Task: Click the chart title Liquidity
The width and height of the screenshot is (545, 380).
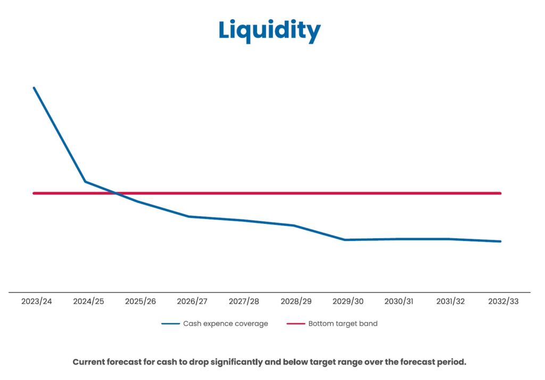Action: [269, 30]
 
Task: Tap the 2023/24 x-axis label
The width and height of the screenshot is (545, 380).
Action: [37, 301]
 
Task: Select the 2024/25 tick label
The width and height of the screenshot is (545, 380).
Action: [88, 301]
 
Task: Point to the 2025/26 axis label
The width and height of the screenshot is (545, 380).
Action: [141, 301]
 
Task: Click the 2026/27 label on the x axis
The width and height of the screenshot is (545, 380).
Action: [192, 301]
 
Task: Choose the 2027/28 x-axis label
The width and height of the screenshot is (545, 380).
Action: [244, 301]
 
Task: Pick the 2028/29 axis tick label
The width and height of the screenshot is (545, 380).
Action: [296, 301]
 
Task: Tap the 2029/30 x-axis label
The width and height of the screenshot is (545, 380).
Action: [348, 301]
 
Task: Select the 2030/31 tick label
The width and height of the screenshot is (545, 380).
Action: [399, 301]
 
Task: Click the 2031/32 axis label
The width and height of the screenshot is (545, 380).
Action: [451, 301]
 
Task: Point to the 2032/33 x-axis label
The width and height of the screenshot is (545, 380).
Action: [503, 301]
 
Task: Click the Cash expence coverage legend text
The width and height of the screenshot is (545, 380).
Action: [225, 324]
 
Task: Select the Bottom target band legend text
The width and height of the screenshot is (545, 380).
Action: [343, 324]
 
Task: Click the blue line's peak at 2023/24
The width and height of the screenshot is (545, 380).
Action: [34, 88]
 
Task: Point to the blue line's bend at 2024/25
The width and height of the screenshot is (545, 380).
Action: [86, 182]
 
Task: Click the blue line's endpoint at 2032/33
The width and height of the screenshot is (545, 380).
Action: [500, 241]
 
